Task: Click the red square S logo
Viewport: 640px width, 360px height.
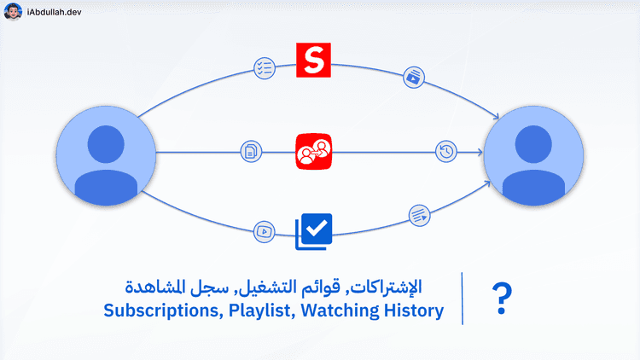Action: (x=313, y=60)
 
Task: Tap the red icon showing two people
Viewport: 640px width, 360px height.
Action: (x=312, y=151)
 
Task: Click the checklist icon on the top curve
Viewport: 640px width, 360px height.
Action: (x=264, y=67)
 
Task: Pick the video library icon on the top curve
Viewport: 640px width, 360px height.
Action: (x=413, y=77)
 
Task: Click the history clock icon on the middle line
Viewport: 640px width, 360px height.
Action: (x=445, y=152)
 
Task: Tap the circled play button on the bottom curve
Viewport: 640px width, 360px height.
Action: (x=265, y=230)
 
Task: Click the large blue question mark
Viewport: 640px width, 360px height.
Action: (x=503, y=299)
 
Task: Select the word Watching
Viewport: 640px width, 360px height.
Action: (x=340, y=311)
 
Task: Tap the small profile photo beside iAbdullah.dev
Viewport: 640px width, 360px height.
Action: (x=13, y=13)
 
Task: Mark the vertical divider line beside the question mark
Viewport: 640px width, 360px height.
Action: (x=463, y=299)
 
